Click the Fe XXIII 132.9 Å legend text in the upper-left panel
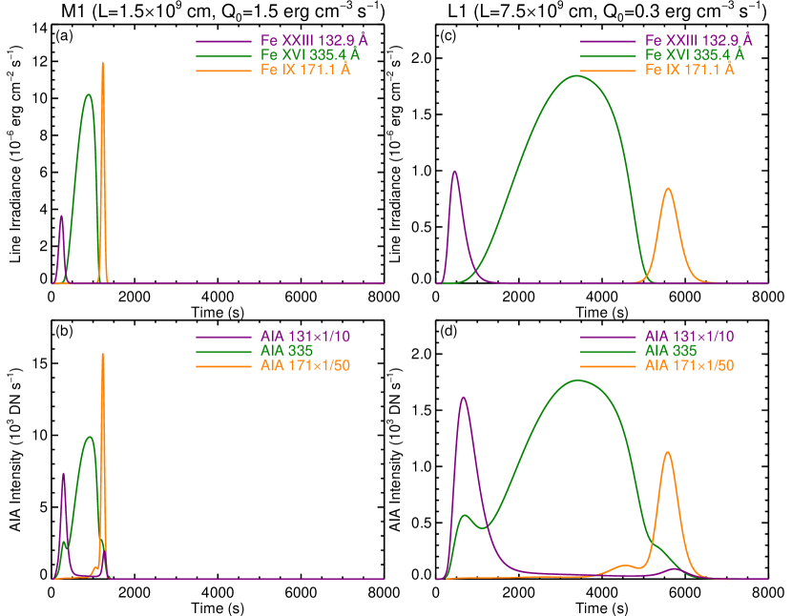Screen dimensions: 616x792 [x=314, y=41]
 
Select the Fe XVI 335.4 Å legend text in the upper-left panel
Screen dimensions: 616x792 [x=310, y=55]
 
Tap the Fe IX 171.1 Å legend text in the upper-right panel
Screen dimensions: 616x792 [x=690, y=70]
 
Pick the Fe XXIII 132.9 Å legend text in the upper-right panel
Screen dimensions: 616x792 [x=698, y=40]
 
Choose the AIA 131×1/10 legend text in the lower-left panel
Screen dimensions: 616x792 [x=304, y=337]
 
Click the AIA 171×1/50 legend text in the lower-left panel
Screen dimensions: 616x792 [x=304, y=365]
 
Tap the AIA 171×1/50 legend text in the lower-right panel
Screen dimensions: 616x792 [x=689, y=365]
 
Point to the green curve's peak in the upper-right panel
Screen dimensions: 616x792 [x=577, y=75]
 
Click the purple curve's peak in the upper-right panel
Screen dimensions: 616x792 [x=454, y=172]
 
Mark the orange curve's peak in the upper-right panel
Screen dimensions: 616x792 [x=668, y=188]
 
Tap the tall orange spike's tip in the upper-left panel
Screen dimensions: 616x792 [x=102, y=63]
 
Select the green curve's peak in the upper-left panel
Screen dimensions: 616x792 [x=89, y=94]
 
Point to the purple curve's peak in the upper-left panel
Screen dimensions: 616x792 [x=62, y=216]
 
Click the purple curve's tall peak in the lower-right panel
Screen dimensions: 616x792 [x=464, y=397]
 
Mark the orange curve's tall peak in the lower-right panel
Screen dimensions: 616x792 [x=668, y=452]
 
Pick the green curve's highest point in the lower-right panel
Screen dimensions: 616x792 [x=577, y=380]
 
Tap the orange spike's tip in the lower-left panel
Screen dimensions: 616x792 [x=102, y=354]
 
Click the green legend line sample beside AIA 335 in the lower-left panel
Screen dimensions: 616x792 [x=223, y=351]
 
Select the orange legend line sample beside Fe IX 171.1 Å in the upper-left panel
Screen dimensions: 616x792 [x=223, y=70]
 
